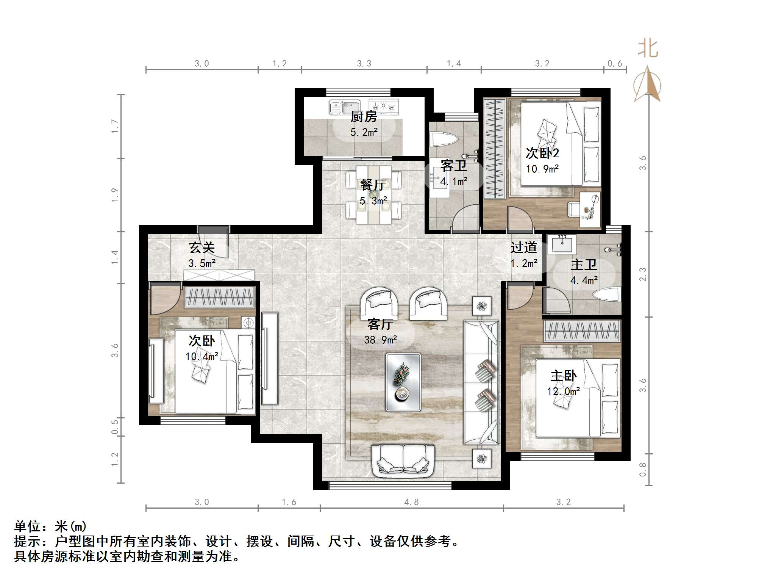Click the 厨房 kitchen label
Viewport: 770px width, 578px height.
tap(364, 116)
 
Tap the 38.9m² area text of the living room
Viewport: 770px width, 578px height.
tap(380, 340)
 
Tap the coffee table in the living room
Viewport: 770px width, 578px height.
tap(403, 382)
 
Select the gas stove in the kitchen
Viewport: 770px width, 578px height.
tap(384, 107)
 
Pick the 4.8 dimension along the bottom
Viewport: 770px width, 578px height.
tap(411, 502)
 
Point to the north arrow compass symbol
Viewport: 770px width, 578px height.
tap(648, 84)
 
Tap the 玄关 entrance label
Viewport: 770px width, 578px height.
tap(202, 247)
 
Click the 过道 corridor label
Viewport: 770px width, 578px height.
tap(523, 247)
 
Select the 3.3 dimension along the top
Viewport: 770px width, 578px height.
tap(364, 64)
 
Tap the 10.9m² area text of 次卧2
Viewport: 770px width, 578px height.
tap(542, 169)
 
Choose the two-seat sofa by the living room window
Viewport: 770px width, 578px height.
tap(403, 461)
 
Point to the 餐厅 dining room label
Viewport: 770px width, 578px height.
tap(373, 185)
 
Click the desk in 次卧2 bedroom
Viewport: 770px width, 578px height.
tap(590, 210)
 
